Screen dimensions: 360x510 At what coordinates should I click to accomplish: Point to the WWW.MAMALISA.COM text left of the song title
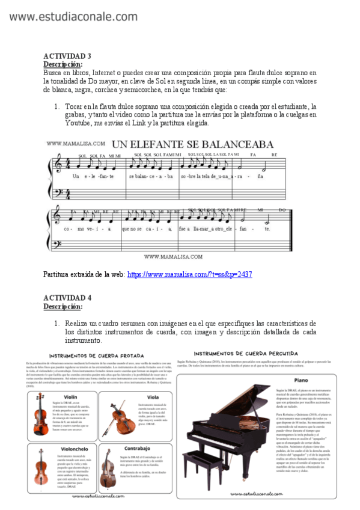pos(76,144)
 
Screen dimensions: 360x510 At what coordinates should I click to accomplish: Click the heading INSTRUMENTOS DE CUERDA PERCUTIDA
pos(246,352)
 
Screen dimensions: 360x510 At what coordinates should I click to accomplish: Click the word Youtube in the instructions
pos(79,123)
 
